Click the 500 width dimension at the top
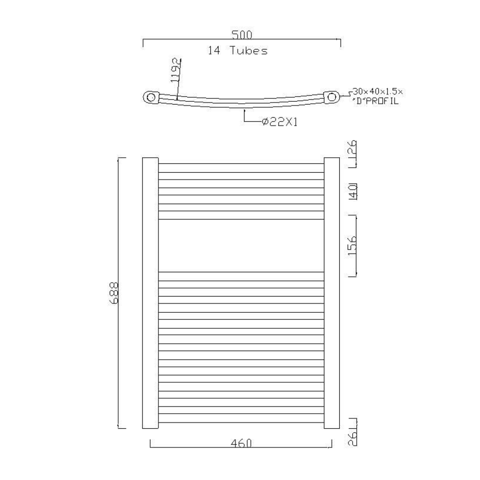(x=242, y=35)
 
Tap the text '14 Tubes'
(x=238, y=50)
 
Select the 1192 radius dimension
(x=176, y=71)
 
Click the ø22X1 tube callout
(x=280, y=122)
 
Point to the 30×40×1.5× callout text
(x=378, y=91)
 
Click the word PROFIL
(x=383, y=101)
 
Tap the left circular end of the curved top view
(x=151, y=97)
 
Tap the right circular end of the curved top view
(x=332, y=97)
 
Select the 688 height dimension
(x=114, y=293)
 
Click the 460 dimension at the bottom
(x=241, y=443)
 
